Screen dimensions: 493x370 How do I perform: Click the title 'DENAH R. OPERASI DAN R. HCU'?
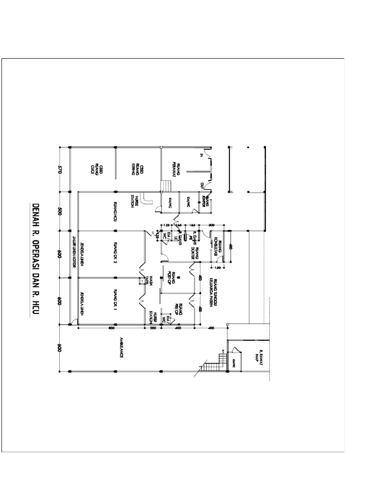click(36, 260)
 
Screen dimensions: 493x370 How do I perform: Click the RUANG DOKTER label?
click(195, 252)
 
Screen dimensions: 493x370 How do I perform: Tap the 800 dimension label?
click(111, 328)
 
